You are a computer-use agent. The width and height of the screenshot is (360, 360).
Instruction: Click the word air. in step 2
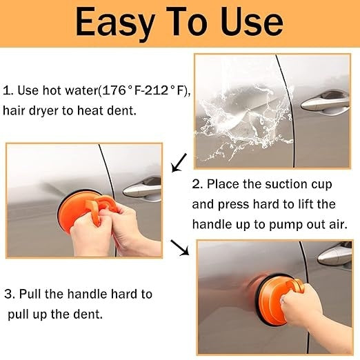[338, 224]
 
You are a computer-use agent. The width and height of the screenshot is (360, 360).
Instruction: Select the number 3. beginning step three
[10, 294]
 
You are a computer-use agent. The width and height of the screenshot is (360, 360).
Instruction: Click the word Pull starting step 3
[30, 294]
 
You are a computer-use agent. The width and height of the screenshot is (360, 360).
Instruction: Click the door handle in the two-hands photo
[142, 189]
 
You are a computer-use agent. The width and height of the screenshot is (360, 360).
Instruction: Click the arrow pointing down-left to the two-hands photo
[179, 163]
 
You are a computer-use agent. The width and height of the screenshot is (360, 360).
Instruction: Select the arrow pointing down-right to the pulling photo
[179, 248]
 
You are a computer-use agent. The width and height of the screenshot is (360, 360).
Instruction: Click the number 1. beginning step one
[8, 90]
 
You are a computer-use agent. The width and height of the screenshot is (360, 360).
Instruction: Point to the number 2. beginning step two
[197, 184]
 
